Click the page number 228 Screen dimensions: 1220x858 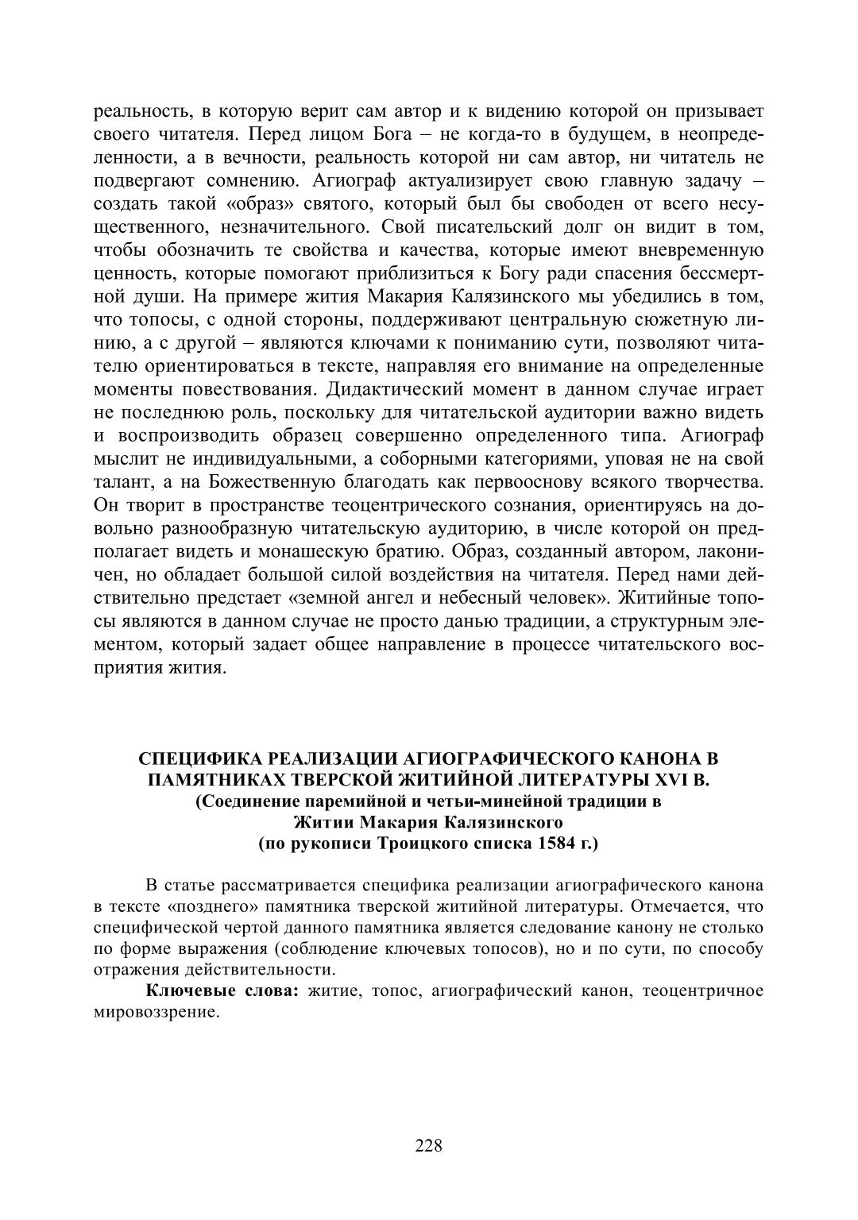pyautogui.click(x=428, y=1145)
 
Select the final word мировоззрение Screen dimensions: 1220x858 pyautogui.click(x=155, y=1011)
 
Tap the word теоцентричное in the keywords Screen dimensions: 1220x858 pyautogui.click(x=702, y=990)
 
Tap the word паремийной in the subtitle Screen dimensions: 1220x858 pyautogui.click(x=352, y=801)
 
